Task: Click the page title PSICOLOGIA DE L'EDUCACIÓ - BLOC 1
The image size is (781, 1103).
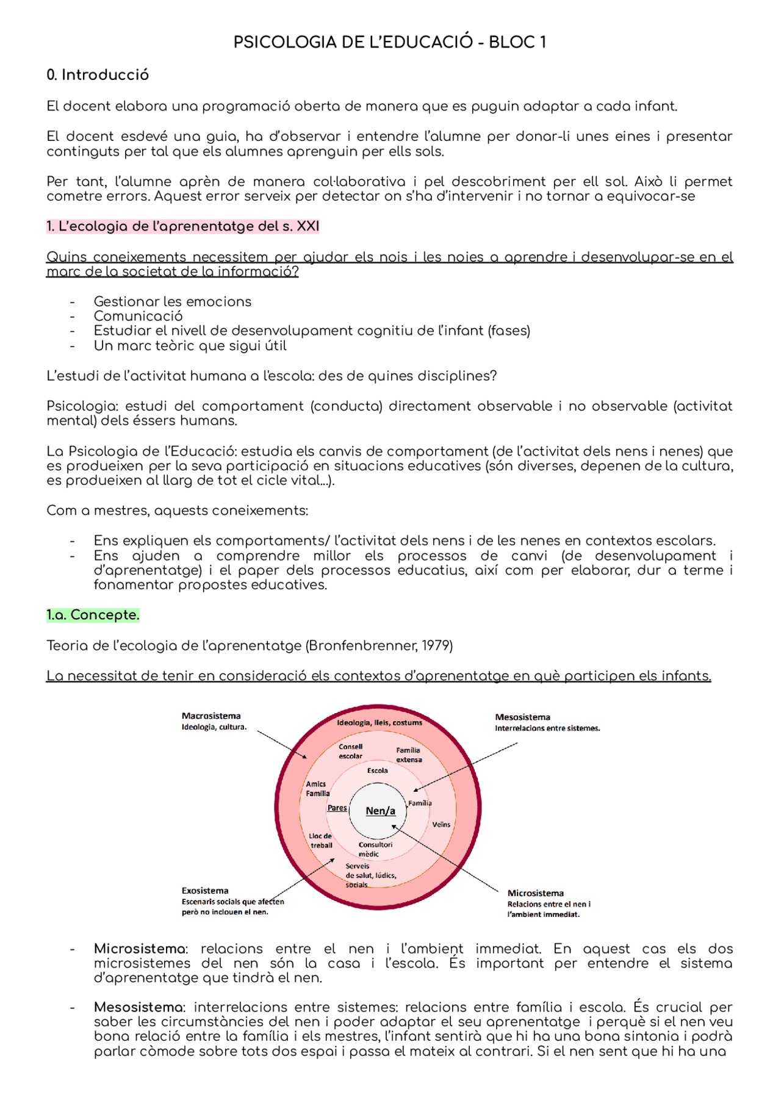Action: [390, 42]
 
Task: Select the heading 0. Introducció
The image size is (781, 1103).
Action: [98, 75]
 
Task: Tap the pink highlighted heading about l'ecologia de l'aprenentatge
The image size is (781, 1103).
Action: [183, 226]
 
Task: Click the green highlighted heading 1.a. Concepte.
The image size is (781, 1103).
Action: [93, 615]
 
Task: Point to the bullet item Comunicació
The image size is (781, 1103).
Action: [138, 316]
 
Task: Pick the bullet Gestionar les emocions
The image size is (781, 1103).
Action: [172, 301]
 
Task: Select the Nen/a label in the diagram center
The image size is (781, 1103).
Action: [380, 811]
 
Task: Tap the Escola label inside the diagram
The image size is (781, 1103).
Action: [377, 771]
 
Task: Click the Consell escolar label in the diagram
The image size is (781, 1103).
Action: [350, 751]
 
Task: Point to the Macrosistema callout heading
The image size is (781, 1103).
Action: [211, 716]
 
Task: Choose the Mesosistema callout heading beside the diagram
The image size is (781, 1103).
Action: [522, 717]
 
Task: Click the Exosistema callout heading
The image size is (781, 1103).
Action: [205, 891]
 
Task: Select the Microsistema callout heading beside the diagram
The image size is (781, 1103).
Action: [535, 893]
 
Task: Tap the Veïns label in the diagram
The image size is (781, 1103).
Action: [441, 824]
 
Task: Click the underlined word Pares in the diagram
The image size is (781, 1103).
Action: [337, 808]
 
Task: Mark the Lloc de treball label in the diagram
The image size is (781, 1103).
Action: [321, 841]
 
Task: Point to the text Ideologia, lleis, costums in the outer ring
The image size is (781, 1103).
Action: [380, 722]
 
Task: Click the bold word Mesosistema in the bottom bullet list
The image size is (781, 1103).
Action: [139, 1007]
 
